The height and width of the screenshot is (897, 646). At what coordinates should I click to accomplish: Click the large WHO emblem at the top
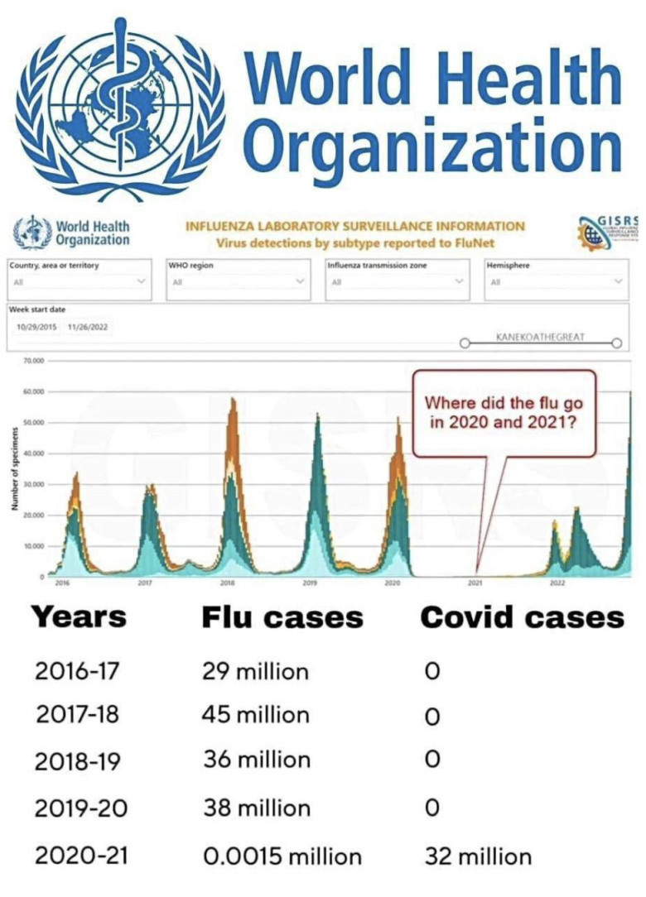(x=120, y=108)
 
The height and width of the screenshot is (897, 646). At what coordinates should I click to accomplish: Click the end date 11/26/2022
(x=89, y=327)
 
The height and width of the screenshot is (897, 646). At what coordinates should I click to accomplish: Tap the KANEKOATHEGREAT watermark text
(x=539, y=338)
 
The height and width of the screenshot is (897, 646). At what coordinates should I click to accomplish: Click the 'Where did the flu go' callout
(x=504, y=411)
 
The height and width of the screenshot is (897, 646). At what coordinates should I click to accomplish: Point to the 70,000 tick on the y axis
(x=33, y=362)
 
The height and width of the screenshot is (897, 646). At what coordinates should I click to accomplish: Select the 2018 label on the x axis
(x=227, y=583)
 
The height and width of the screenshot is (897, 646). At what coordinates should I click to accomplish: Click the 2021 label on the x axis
(x=475, y=583)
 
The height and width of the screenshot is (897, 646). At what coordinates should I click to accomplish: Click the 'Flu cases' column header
(x=282, y=618)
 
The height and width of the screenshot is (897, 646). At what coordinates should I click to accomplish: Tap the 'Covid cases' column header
(x=522, y=618)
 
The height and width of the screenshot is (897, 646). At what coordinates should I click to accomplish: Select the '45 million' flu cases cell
(x=256, y=715)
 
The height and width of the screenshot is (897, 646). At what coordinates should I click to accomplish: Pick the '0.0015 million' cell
(x=282, y=856)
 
